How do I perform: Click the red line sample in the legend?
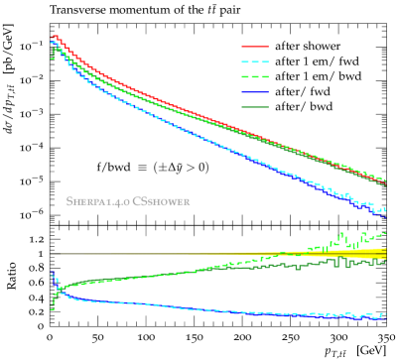[255, 46]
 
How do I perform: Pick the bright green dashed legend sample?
[255, 76]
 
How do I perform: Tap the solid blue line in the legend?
[255, 91]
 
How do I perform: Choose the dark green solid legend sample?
[255, 106]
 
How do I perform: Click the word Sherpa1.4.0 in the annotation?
[96, 201]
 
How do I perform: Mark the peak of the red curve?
[56, 37]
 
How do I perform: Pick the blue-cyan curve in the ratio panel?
[199, 308]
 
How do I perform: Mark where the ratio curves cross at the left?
[59, 289]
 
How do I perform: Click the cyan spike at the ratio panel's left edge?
[53, 277]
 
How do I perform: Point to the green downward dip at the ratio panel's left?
[52, 305]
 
